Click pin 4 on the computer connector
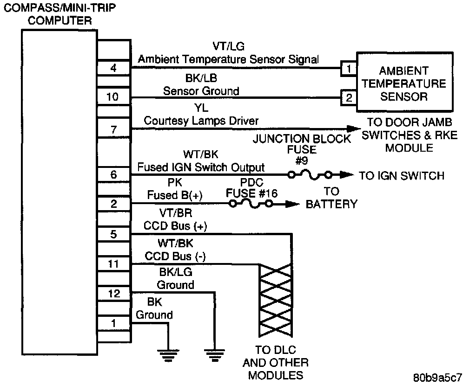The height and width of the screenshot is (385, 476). [x=114, y=68]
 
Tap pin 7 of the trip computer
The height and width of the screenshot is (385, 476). [x=114, y=129]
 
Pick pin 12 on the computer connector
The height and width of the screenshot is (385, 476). [x=114, y=293]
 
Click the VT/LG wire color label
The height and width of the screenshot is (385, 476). [x=228, y=46]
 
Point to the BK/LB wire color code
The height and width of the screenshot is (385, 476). [x=201, y=78]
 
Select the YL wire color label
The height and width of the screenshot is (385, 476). [x=201, y=108]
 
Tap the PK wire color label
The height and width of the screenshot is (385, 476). [x=175, y=182]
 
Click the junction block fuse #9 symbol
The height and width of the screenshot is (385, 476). [x=310, y=175]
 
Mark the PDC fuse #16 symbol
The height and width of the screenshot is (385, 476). [x=251, y=204]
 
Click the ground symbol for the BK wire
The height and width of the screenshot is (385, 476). [x=168, y=355]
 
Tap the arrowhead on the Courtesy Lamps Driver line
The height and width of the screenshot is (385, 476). [x=354, y=129]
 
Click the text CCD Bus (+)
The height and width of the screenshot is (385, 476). [x=175, y=226]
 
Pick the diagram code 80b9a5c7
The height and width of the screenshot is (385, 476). [x=437, y=378]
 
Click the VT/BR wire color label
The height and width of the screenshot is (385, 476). [x=176, y=213]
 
